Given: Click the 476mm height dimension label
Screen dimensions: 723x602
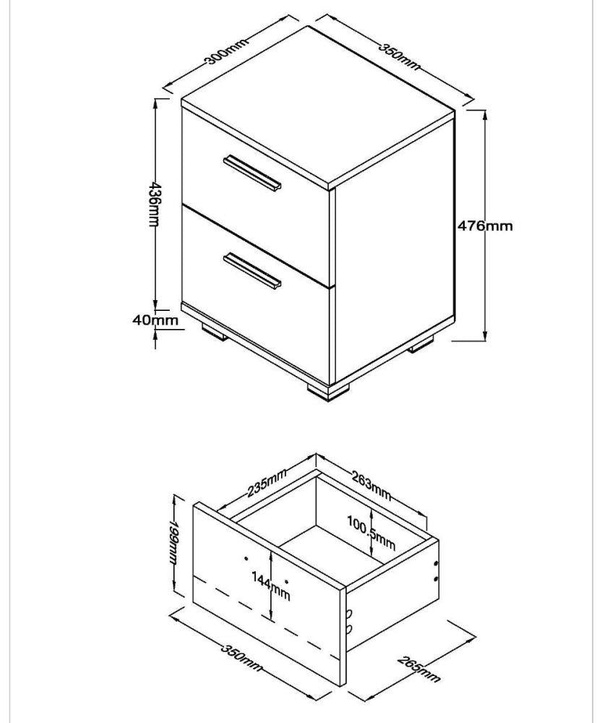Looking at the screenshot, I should coord(485,226).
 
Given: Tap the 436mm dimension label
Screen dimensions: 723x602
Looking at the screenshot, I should coord(153,205).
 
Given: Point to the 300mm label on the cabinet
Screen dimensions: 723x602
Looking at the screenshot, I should coord(226,51).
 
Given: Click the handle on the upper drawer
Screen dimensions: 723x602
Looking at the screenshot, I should coord(252,173).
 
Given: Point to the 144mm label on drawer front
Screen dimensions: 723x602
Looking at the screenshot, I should coord(270,586).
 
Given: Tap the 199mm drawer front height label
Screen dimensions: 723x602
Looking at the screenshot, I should coord(173,541).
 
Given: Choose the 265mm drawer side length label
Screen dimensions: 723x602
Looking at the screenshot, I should coord(418,668).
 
